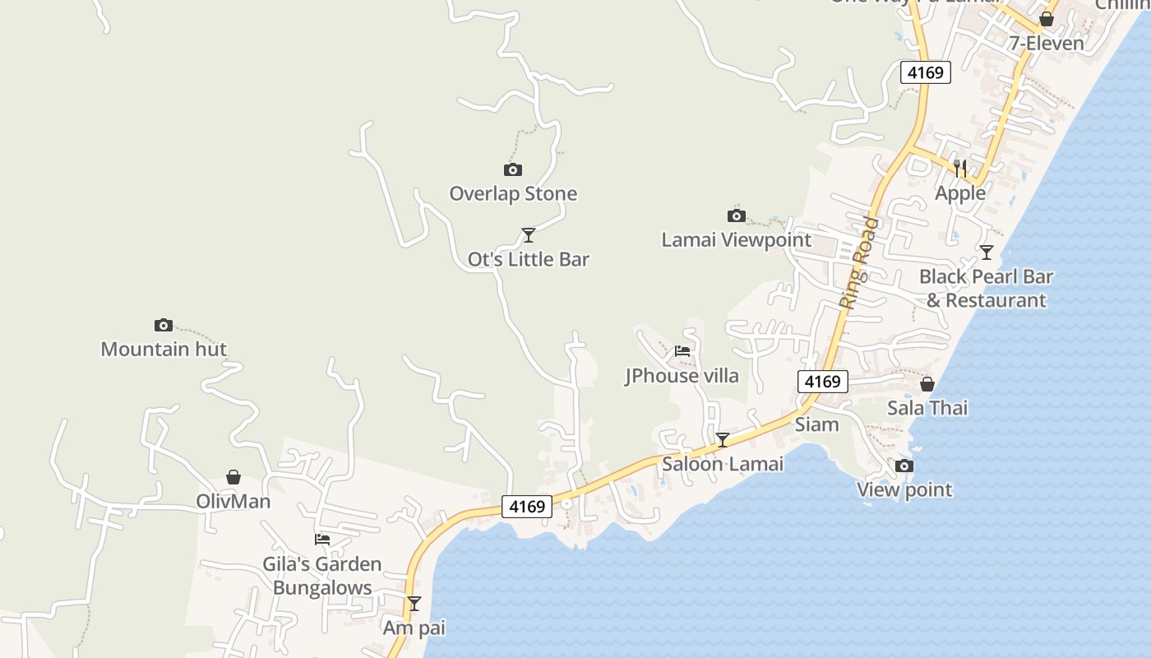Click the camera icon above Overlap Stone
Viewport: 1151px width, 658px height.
(x=512, y=170)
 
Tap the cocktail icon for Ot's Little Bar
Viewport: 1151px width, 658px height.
(x=529, y=235)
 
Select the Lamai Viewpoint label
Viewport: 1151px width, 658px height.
(x=736, y=240)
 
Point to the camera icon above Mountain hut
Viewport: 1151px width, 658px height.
(x=164, y=325)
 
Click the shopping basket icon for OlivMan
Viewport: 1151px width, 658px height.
(x=233, y=477)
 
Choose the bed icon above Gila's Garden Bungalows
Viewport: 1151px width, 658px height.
(x=322, y=540)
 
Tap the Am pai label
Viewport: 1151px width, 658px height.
(x=414, y=628)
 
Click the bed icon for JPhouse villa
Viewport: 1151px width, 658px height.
(x=682, y=351)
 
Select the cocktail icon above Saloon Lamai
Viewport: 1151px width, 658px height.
(x=722, y=440)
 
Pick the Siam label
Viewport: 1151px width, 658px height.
(x=816, y=424)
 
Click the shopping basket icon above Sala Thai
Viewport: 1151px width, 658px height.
(x=927, y=384)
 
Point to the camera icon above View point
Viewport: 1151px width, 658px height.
(x=904, y=466)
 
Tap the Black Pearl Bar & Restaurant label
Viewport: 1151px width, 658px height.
(x=986, y=288)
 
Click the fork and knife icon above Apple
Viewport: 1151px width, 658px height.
(x=959, y=169)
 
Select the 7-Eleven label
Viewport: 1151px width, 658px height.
(x=1046, y=43)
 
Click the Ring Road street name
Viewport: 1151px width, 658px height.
(x=858, y=263)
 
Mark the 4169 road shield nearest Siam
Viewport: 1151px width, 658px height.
(x=822, y=381)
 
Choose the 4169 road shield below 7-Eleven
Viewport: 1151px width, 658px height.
(x=925, y=72)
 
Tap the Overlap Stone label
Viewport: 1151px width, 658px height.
(x=513, y=194)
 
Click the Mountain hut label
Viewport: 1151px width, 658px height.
(x=164, y=349)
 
